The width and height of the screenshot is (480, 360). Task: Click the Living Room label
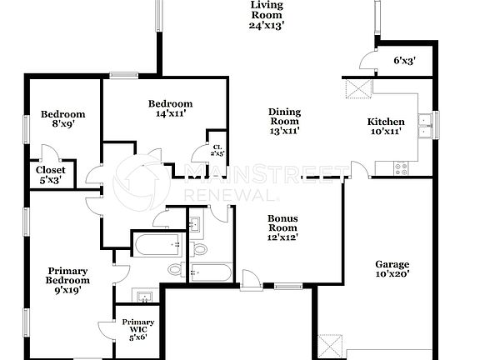point(267,15)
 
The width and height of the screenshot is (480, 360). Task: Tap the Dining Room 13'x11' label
point(284,121)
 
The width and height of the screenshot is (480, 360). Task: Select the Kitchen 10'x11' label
point(387,127)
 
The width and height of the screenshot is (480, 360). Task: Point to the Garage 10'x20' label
point(391,269)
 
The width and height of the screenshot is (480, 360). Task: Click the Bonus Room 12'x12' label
point(282,227)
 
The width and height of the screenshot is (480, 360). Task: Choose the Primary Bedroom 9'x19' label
point(67,280)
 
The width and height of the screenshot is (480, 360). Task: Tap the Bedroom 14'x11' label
point(171,109)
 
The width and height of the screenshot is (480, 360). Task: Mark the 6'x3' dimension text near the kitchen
point(405,60)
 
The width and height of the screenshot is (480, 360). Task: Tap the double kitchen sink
point(426,125)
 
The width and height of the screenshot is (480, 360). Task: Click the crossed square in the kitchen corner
point(357,89)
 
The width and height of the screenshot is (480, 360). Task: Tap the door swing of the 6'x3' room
point(365,59)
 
